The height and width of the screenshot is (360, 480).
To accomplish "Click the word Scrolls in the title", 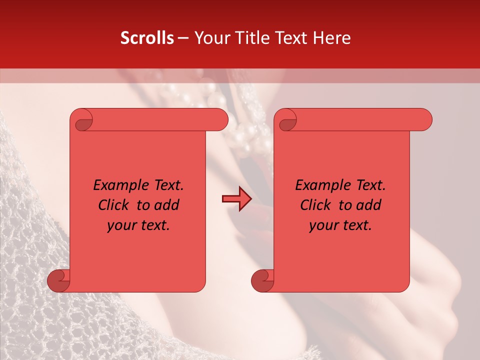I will click(x=147, y=38).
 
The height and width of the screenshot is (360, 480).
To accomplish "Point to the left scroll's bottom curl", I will click(x=58, y=280).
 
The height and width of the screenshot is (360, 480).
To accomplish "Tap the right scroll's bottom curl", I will click(x=262, y=280).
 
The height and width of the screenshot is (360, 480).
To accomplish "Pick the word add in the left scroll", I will click(x=166, y=205).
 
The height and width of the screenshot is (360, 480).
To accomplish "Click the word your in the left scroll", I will click(x=122, y=225).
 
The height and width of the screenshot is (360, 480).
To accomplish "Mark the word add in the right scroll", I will click(x=368, y=205).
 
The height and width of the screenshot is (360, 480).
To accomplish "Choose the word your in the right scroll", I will click(x=324, y=225).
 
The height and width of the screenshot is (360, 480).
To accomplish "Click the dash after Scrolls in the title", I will click(x=183, y=38).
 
